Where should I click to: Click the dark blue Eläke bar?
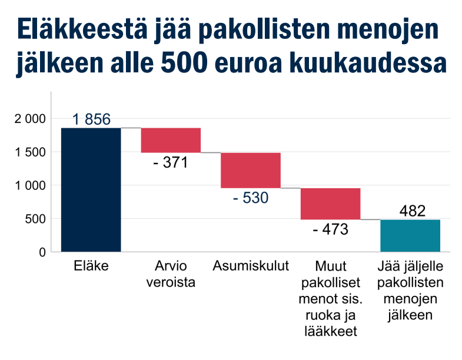[91, 189]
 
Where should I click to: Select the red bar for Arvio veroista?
[171, 140]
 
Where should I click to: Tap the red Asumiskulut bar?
[251, 170]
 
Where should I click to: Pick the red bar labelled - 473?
[330, 204]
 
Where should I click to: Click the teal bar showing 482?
[410, 235]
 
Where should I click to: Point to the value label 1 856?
[91, 119]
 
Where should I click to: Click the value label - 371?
[170, 162]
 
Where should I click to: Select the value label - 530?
[251, 198]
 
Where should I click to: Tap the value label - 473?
[330, 229]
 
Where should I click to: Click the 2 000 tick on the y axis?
[29, 119]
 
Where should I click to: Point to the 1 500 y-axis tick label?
[29, 152]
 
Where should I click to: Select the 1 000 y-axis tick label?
[29, 185]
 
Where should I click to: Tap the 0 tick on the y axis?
[42, 252]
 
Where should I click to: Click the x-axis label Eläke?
[91, 266]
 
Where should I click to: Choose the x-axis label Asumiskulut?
[251, 266]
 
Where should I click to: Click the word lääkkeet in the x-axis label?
[330, 332]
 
